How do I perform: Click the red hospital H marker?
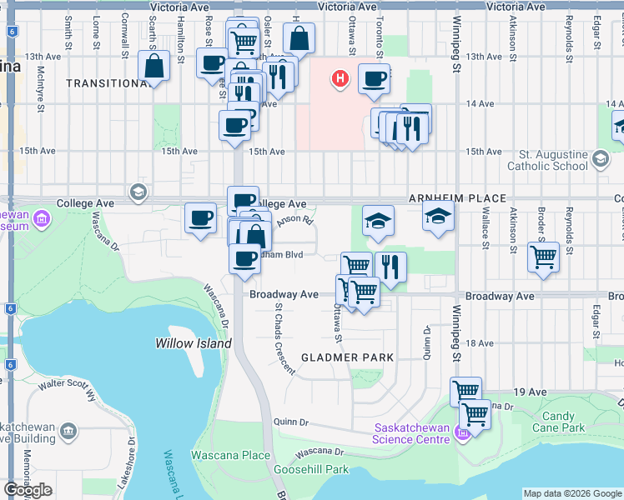340,79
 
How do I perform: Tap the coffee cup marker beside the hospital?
374,79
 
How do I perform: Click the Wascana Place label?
230,455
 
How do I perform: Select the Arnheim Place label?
457,198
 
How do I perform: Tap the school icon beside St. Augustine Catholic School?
600,159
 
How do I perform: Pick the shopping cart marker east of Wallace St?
543,257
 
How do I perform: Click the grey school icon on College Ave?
138,194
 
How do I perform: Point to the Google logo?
28,490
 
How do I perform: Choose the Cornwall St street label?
124,31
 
